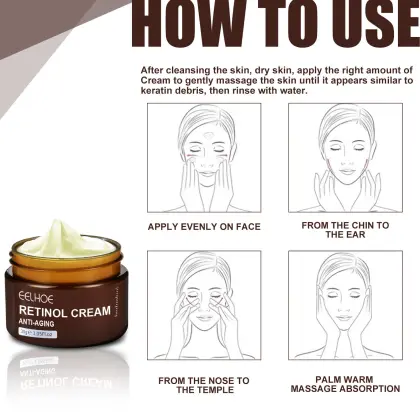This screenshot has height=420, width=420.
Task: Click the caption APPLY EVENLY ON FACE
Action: tap(204, 226)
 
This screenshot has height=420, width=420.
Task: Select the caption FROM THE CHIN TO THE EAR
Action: tap(345, 230)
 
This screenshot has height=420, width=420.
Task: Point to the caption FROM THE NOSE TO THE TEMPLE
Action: tap(204, 385)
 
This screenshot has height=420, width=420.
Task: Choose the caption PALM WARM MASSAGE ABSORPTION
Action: tap(345, 385)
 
